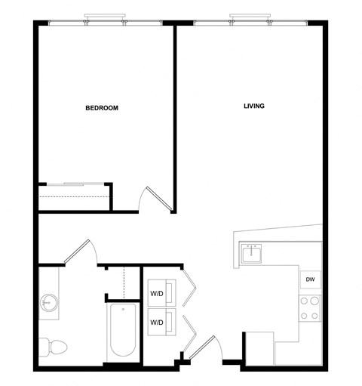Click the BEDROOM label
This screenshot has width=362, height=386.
[x=102, y=108]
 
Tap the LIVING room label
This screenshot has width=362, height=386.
[x=253, y=106]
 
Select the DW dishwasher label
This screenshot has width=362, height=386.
[x=310, y=280]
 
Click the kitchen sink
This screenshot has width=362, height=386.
[x=252, y=254]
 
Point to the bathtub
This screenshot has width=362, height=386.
[x=123, y=332]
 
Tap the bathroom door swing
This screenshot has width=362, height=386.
[x=81, y=252]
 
